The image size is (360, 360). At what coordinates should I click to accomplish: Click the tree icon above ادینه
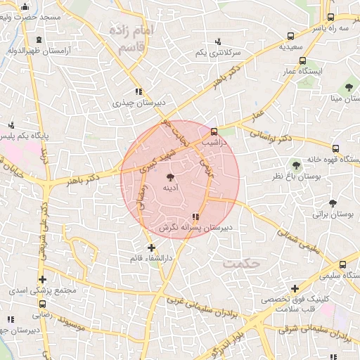click(x=169, y=177)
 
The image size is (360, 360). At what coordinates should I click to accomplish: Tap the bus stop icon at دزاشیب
click(x=214, y=131)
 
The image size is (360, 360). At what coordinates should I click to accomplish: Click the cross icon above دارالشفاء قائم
click(x=151, y=247)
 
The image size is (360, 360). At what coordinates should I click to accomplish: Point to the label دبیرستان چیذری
click(x=139, y=103)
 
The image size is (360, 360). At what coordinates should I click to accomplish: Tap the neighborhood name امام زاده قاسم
click(x=129, y=39)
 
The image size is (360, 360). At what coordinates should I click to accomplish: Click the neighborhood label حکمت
click(x=242, y=263)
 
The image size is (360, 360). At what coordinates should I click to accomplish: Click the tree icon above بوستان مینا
click(x=349, y=88)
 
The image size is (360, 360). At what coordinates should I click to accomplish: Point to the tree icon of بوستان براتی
click(x=333, y=203)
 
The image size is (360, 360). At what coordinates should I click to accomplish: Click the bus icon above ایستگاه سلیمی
click(x=342, y=265)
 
